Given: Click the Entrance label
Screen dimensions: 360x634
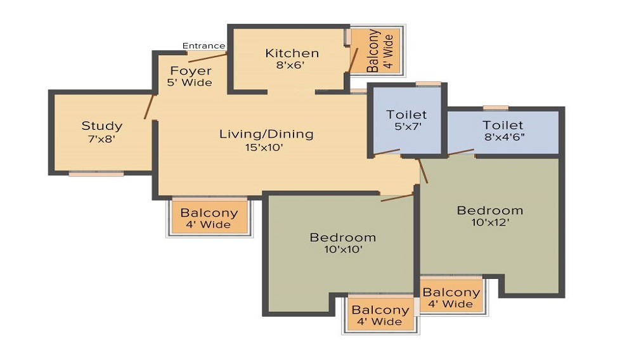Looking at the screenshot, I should tap(204, 46).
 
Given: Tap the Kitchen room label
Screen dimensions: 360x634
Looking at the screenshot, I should tap(292, 53).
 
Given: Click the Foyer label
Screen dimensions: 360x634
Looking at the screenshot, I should tap(190, 71).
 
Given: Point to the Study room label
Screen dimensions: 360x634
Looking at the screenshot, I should tap(101, 125).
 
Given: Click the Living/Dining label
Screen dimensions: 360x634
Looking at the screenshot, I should tap(266, 134).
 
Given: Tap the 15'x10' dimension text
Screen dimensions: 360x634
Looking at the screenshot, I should tap(266, 147).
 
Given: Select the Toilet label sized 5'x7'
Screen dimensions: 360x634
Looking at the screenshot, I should tap(406, 115).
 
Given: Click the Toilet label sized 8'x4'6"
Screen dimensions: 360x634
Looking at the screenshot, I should tap(503, 125).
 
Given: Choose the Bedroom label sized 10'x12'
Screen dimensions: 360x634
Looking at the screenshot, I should tap(490, 210).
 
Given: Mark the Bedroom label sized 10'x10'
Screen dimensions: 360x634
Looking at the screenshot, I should tap(342, 238).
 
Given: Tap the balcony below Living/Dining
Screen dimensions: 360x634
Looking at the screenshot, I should tap(209, 218).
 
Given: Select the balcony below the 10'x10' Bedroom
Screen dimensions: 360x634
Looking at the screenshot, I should tap(380, 315).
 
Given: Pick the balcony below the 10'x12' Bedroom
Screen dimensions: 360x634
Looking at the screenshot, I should tap(451, 297).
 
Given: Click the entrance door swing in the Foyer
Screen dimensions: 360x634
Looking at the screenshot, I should tap(207, 58).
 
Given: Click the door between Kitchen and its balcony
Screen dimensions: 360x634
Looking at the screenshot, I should tap(353, 60).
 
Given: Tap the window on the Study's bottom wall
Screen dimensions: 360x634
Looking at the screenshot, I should tap(96, 173).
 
